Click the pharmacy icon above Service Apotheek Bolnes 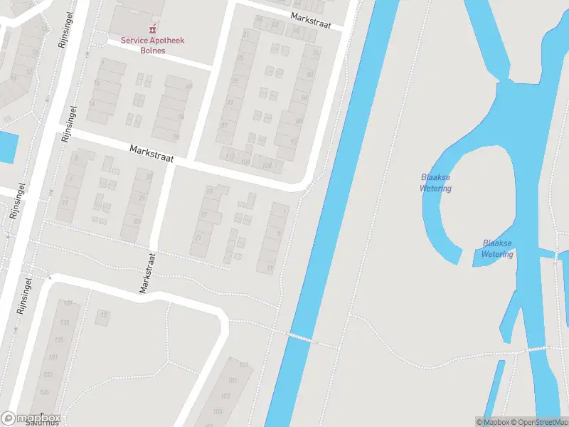pyautogui.click(x=151, y=30)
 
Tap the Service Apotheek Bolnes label pyautogui.click(x=151, y=46)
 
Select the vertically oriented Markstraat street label pyautogui.click(x=147, y=273)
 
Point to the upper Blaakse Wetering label pyautogui.click(x=435, y=183)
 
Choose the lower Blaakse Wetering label pyautogui.click(x=497, y=248)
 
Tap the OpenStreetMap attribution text pyautogui.click(x=538, y=422)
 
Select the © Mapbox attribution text pyautogui.click(x=494, y=422)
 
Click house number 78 pyautogui.click(x=315, y=53)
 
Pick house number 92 pyautogui.click(x=294, y=142)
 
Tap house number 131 pyautogui.click(x=69, y=304)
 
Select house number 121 pyautogui.click(x=244, y=365)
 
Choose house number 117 pyautogui.click(x=229, y=157)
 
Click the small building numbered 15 pyautogui.click(x=104, y=315)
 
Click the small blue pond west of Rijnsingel pyautogui.click(x=7, y=147)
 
